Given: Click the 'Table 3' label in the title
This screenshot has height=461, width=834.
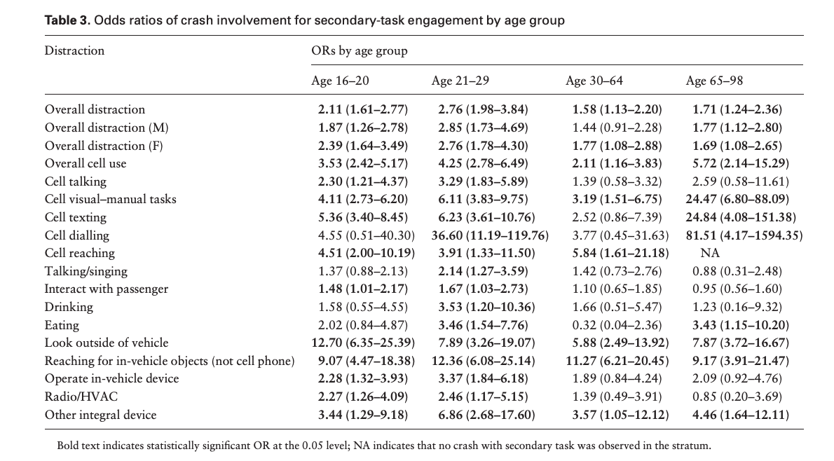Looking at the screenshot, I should point(67,20).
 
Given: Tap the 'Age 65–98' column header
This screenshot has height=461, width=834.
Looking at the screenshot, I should point(714,81).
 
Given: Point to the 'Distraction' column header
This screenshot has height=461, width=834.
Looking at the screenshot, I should point(74,50).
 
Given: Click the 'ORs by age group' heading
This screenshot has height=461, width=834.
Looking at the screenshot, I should point(359,50).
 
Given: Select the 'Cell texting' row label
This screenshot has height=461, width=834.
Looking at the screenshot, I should point(76,217).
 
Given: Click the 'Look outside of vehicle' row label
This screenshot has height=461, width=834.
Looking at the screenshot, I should point(107,343).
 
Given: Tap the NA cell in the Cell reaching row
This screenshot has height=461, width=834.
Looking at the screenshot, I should point(710,253).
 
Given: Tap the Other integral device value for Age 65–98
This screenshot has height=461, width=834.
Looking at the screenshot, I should point(741,415).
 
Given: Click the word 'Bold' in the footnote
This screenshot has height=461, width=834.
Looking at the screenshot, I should point(69,446).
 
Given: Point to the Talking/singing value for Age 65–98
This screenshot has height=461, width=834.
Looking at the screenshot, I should point(737,271).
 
